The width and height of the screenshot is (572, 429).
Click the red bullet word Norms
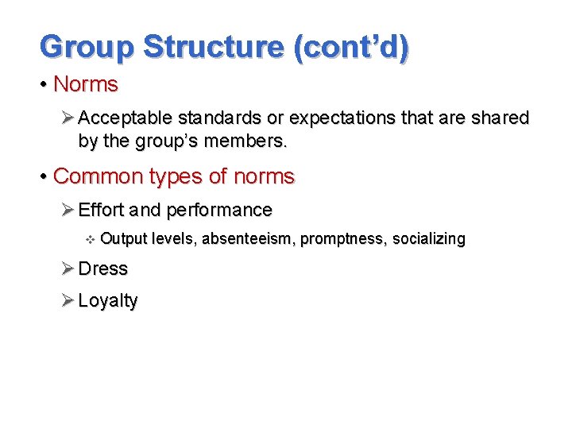(85, 84)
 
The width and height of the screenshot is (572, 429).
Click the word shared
(499, 118)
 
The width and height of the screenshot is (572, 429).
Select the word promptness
(340, 239)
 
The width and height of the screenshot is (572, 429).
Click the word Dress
(102, 269)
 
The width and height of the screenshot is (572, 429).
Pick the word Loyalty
(108, 301)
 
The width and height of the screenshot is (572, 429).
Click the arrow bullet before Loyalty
(68, 301)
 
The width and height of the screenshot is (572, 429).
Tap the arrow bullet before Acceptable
(68, 118)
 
